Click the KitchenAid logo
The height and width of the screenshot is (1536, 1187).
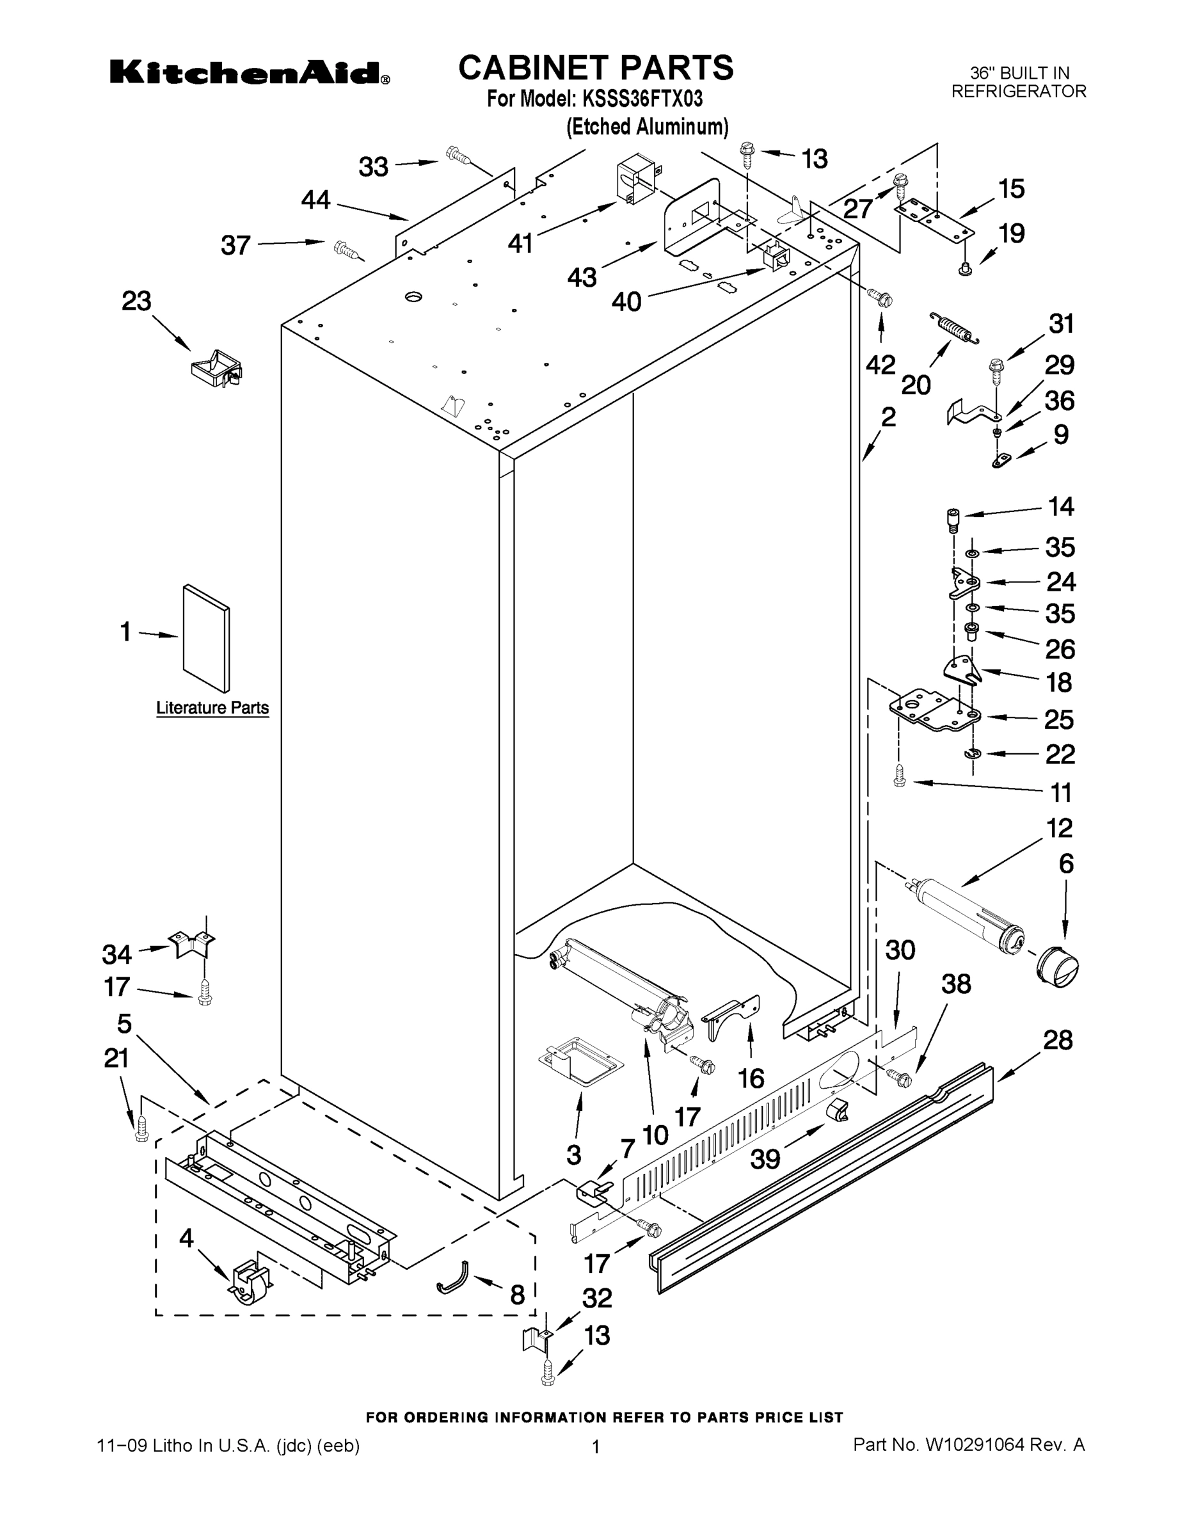click(x=249, y=72)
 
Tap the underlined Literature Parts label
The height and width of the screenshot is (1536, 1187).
click(x=212, y=707)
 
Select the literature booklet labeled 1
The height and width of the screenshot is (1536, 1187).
click(x=205, y=638)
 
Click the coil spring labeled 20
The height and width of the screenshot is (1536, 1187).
click(x=953, y=328)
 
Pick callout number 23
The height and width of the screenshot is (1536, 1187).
click(x=136, y=301)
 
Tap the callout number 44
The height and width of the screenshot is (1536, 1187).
click(x=315, y=200)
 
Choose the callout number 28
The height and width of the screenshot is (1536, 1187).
click(x=1058, y=1039)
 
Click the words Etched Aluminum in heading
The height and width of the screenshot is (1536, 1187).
click(x=647, y=127)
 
